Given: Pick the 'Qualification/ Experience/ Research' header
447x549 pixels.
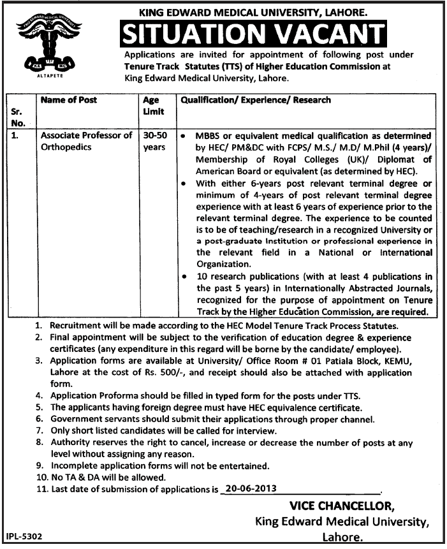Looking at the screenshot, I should (x=256, y=101).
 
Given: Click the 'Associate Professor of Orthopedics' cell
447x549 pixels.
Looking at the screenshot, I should (x=86, y=141).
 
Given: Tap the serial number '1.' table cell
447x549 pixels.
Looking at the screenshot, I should (x=17, y=135).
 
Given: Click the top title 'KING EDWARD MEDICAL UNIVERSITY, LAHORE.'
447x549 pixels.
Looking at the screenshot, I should (x=253, y=10).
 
